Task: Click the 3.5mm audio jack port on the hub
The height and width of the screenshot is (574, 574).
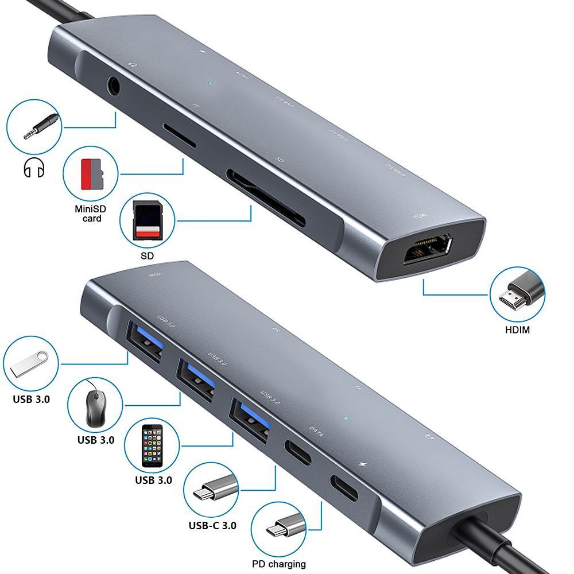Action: tap(115, 87)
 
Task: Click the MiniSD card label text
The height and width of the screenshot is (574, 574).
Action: tap(91, 214)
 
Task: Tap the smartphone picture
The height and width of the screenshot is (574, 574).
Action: tap(152, 447)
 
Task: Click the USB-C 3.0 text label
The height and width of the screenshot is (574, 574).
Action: tap(212, 525)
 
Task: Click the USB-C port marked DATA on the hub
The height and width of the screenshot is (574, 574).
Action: tap(298, 453)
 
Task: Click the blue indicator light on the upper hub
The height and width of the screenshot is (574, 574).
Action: tap(211, 83)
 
